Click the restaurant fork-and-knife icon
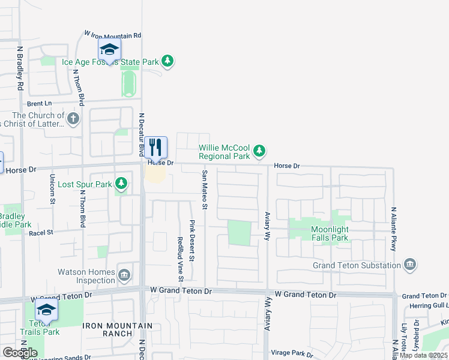tap(155, 147)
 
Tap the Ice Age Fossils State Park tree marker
tap(168, 61)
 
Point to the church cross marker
tap(74, 118)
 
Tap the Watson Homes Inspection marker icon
tap(124, 275)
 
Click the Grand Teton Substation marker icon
tap(410, 265)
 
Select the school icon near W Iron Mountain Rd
tap(109, 50)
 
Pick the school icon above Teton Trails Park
tap(46, 310)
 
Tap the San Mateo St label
tap(204, 190)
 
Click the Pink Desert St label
tap(193, 241)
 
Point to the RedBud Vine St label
tap(180, 259)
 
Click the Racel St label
tap(41, 232)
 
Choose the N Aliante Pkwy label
tap(394, 224)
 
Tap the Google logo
tap(20, 352)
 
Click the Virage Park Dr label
tap(292, 354)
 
